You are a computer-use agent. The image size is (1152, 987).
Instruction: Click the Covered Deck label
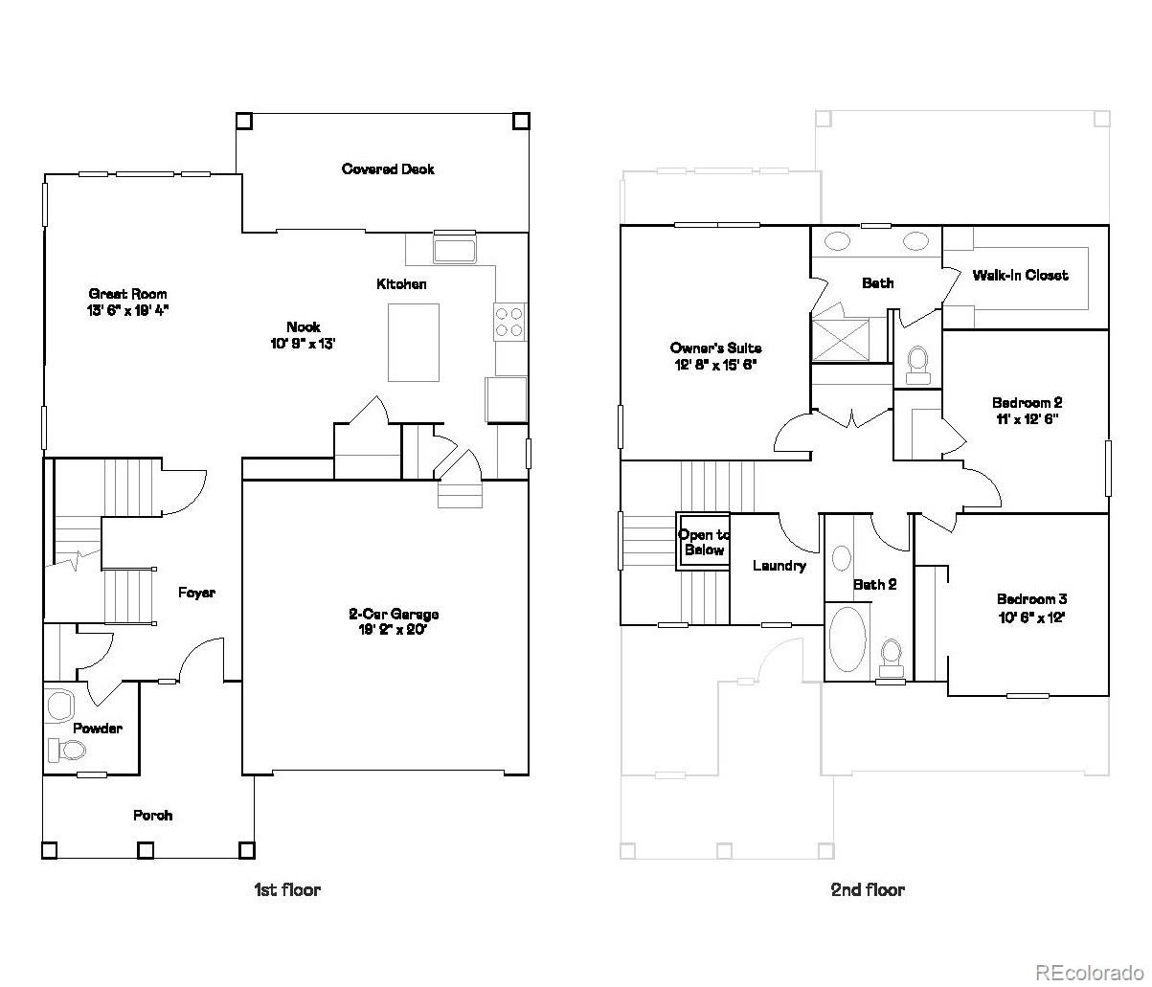pyautogui.click(x=388, y=169)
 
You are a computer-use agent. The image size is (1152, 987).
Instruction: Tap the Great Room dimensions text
pyautogui.click(x=127, y=310)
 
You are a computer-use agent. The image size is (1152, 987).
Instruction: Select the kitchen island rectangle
pyautogui.click(x=413, y=343)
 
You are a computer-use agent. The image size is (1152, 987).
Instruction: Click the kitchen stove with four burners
pyautogui.click(x=509, y=322)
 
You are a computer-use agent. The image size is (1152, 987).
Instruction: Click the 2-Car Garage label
pyautogui.click(x=393, y=615)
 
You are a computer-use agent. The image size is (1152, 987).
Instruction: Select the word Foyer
pyautogui.click(x=196, y=593)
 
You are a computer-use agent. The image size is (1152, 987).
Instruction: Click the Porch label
pyautogui.click(x=152, y=816)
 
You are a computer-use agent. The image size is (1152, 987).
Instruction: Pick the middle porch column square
pyautogui.click(x=146, y=849)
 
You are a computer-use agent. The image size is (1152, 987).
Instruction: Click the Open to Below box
pyautogui.click(x=703, y=543)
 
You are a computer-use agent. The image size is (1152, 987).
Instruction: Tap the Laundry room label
pyautogui.click(x=779, y=566)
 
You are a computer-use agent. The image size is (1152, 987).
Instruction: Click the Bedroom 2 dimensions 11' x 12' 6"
pyautogui.click(x=1026, y=418)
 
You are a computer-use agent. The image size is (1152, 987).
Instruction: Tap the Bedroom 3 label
pyautogui.click(x=1031, y=600)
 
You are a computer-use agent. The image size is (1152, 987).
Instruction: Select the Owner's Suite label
pyautogui.click(x=715, y=348)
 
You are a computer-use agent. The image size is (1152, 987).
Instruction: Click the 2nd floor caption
pyautogui.click(x=867, y=889)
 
